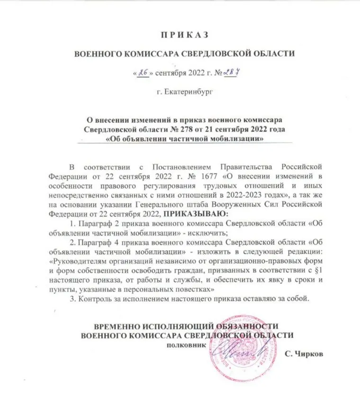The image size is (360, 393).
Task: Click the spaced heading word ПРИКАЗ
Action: tap(181, 35)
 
